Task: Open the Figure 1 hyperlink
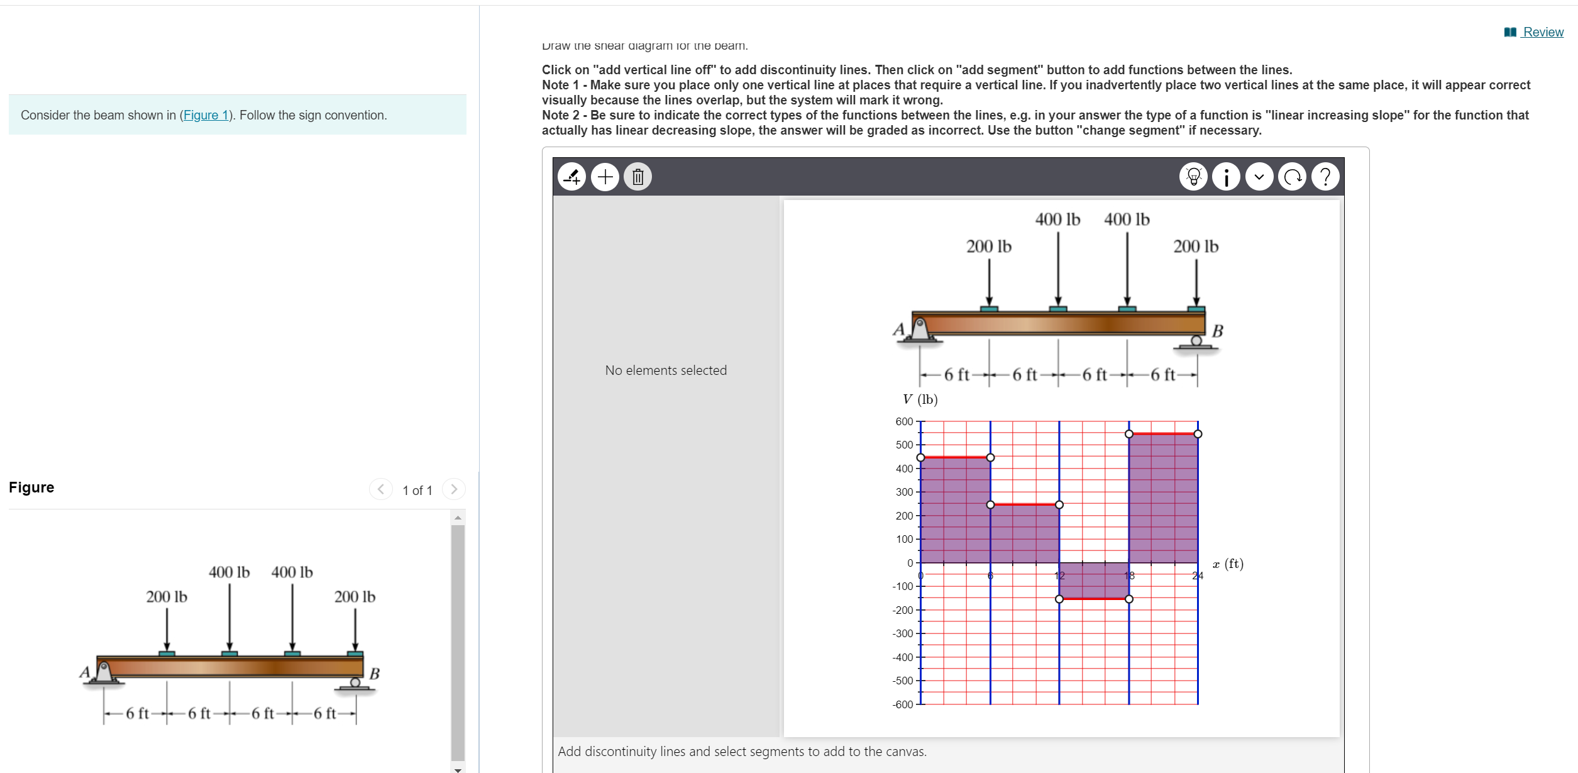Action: click(206, 115)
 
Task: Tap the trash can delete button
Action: click(637, 177)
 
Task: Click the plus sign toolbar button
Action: click(605, 177)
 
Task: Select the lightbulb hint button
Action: click(1193, 177)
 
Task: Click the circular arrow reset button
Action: click(1292, 177)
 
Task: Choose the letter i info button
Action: click(1226, 177)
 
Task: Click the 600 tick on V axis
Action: click(904, 421)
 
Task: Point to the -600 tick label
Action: click(903, 704)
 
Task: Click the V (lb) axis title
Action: click(920, 399)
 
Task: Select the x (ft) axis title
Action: click(1228, 564)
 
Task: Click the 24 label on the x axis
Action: click(1198, 576)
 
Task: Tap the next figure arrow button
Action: click(453, 489)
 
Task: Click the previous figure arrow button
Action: click(380, 489)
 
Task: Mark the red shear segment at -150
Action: click(1094, 599)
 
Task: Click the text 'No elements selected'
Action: click(665, 370)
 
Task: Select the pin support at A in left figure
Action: click(104, 673)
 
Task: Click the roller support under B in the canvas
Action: click(1196, 342)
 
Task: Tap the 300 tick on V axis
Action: click(904, 492)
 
